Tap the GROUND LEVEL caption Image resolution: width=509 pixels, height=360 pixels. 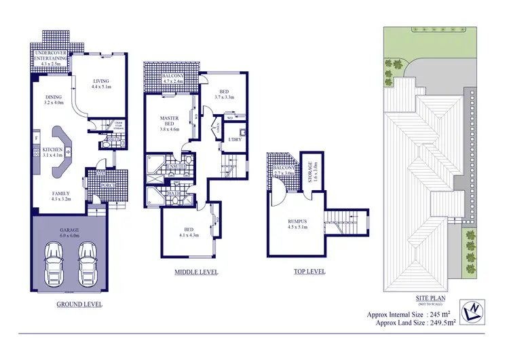(x=79, y=304)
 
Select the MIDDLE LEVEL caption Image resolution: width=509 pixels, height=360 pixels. (x=196, y=272)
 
